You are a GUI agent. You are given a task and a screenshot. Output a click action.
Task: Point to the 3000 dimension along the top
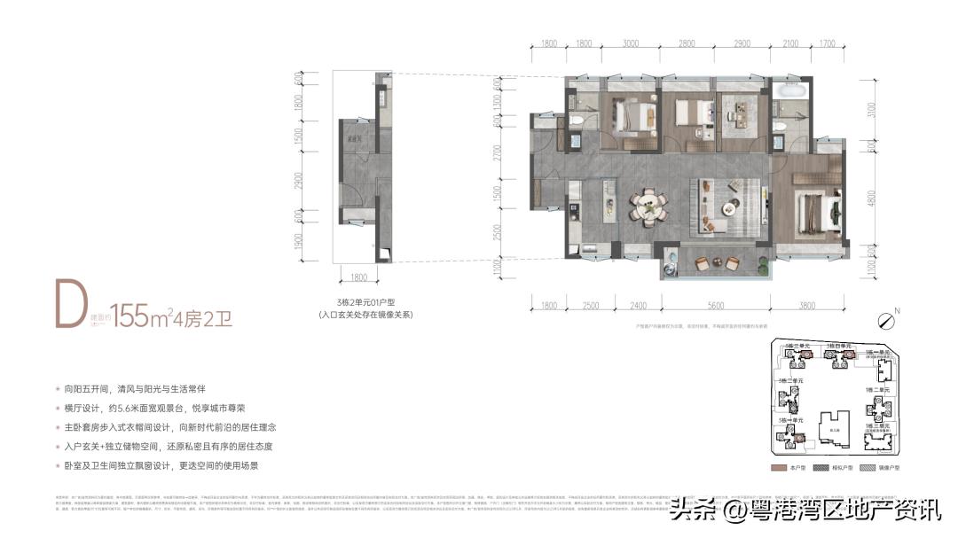pyautogui.click(x=631, y=43)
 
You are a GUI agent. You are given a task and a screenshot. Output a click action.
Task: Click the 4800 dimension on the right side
pyautogui.click(x=872, y=197)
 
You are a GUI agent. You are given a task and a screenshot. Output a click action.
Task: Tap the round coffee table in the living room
pyautogui.click(x=729, y=210)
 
